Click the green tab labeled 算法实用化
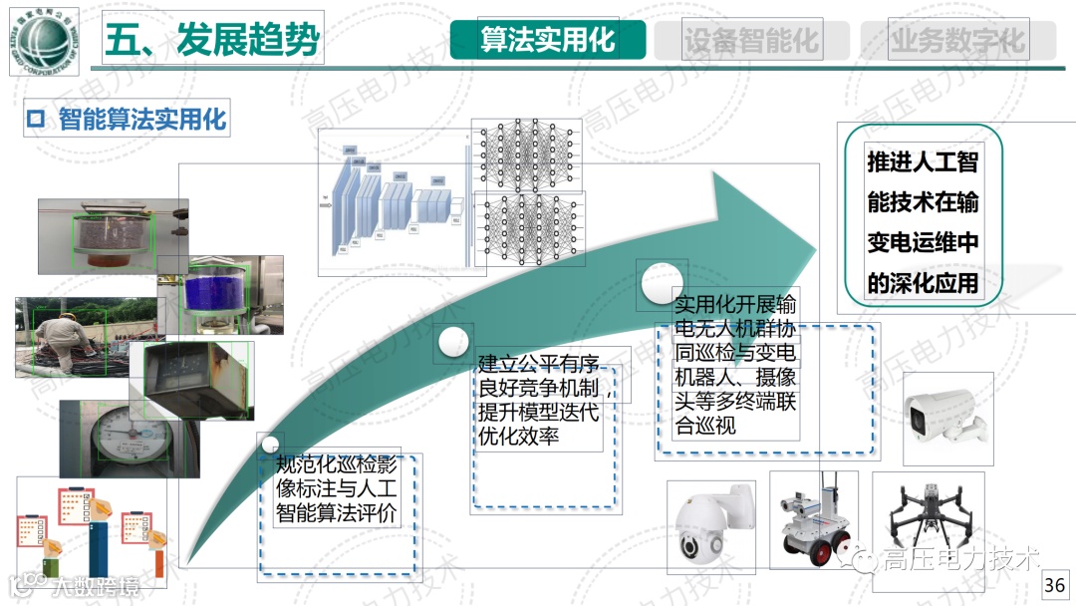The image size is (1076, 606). pos(547,40)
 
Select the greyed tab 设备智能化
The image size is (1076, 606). pos(750,41)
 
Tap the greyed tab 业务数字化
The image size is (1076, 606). pos(957,41)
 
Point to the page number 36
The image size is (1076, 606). pos(1054,584)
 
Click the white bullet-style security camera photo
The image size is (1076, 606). pos(946,419)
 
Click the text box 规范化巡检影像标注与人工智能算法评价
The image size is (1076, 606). pos(337,489)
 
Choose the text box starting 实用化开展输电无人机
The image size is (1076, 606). pos(735,365)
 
